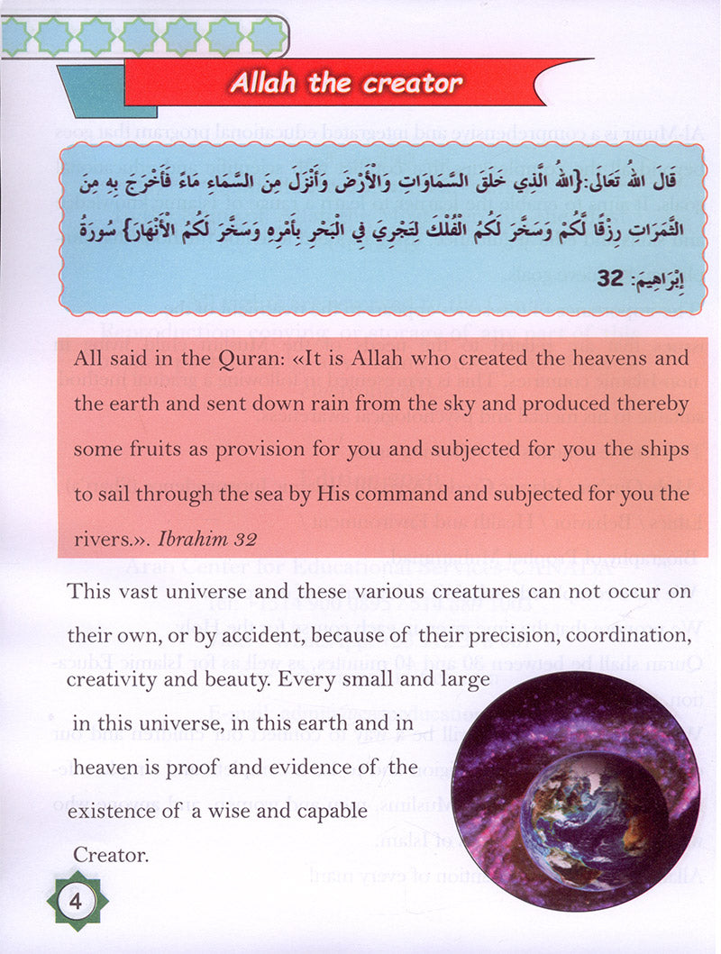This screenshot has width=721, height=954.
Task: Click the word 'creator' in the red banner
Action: coord(413,84)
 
